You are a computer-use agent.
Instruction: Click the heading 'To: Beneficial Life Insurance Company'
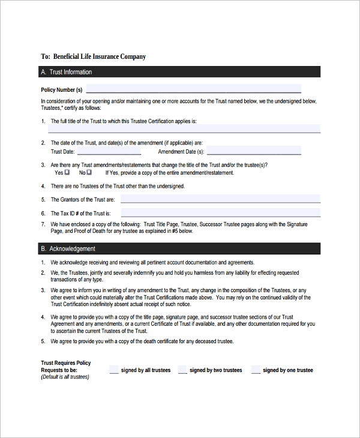tap(93, 56)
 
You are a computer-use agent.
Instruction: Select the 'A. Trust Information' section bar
tap(180, 72)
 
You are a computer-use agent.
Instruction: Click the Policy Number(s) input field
tap(193, 89)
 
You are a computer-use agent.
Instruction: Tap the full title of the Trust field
tap(184, 128)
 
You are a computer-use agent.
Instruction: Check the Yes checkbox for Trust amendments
tap(67, 172)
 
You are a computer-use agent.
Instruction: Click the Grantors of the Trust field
tap(220, 199)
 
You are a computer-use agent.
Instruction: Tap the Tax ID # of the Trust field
tap(220, 212)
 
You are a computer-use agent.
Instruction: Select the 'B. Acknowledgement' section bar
tap(180, 248)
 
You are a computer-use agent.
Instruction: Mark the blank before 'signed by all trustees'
tap(114, 370)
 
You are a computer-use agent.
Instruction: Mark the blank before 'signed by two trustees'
tap(182, 370)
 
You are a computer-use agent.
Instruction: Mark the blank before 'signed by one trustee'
tap(256, 370)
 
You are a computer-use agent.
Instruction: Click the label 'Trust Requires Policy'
tap(66, 363)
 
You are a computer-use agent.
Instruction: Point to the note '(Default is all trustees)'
tap(65, 377)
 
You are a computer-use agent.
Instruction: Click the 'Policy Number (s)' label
tap(61, 90)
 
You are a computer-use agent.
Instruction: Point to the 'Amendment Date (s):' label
tap(181, 152)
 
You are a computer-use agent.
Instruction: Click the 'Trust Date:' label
tap(63, 152)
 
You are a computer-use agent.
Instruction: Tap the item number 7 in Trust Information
tap(43, 224)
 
